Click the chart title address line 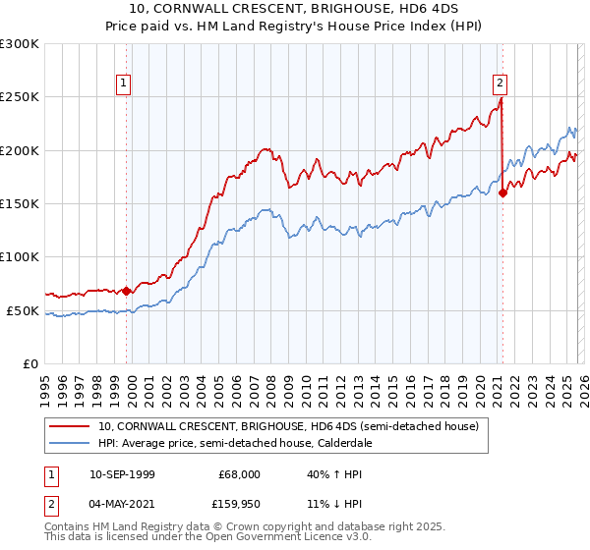[x=294, y=10]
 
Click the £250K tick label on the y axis [x=20, y=97]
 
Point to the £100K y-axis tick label [x=20, y=256]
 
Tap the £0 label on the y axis [x=29, y=363]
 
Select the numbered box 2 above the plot [x=501, y=84]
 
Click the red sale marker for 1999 [x=127, y=291]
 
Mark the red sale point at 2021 [x=503, y=192]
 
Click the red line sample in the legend [x=70, y=426]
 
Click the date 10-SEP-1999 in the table [x=122, y=473]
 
